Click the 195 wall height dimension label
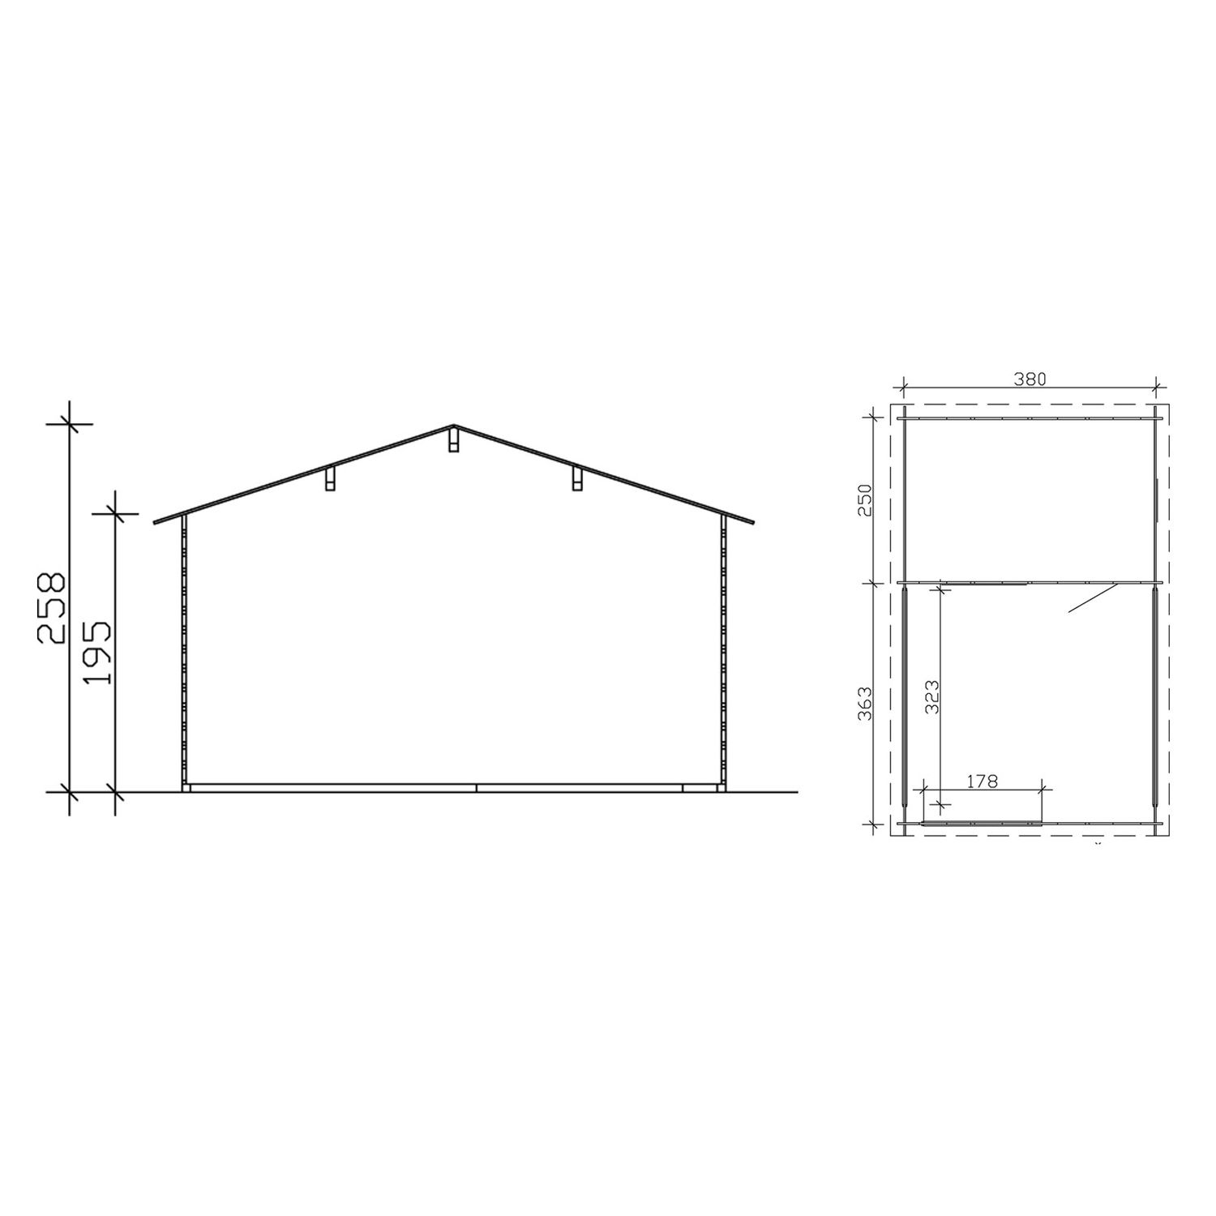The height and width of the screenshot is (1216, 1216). click(x=96, y=653)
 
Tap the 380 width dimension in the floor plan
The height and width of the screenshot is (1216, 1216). click(x=1029, y=378)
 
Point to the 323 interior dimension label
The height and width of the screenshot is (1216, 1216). click(x=931, y=696)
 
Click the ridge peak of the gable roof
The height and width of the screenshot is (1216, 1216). click(x=453, y=425)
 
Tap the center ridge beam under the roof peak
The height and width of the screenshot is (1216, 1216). click(x=453, y=440)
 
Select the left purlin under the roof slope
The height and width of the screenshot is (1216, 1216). click(x=330, y=479)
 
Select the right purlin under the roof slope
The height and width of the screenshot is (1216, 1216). click(x=576, y=478)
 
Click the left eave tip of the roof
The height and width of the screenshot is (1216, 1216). click(x=155, y=522)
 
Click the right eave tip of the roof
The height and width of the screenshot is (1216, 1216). click(x=753, y=522)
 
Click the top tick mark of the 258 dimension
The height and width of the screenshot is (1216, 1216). click(x=70, y=422)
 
